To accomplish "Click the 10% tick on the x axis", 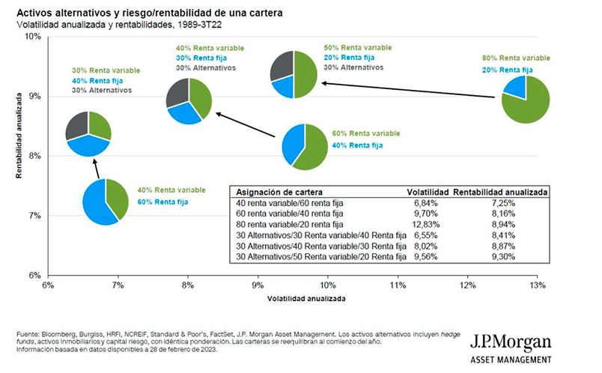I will click(x=328, y=285).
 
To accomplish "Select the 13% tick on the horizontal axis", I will click(x=537, y=285).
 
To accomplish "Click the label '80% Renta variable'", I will click(x=516, y=57).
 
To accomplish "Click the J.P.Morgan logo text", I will click(x=511, y=344).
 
